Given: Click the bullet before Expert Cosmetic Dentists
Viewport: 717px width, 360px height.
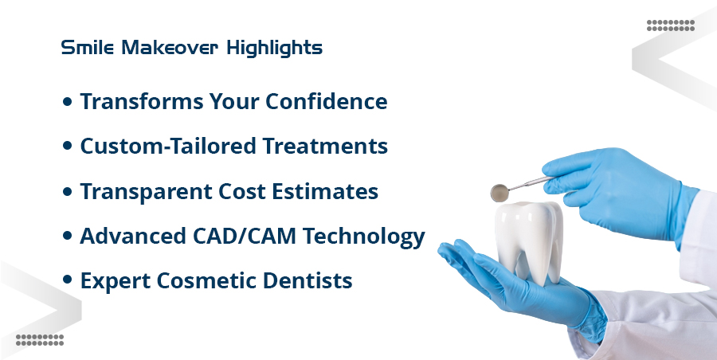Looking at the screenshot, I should pos(68,282).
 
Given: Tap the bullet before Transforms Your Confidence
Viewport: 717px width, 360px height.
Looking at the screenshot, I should pos(68,103).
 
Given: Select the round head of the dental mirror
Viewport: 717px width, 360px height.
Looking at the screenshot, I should pos(500,192).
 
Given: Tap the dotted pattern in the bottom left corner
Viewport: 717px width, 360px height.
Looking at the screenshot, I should pos(40,339).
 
